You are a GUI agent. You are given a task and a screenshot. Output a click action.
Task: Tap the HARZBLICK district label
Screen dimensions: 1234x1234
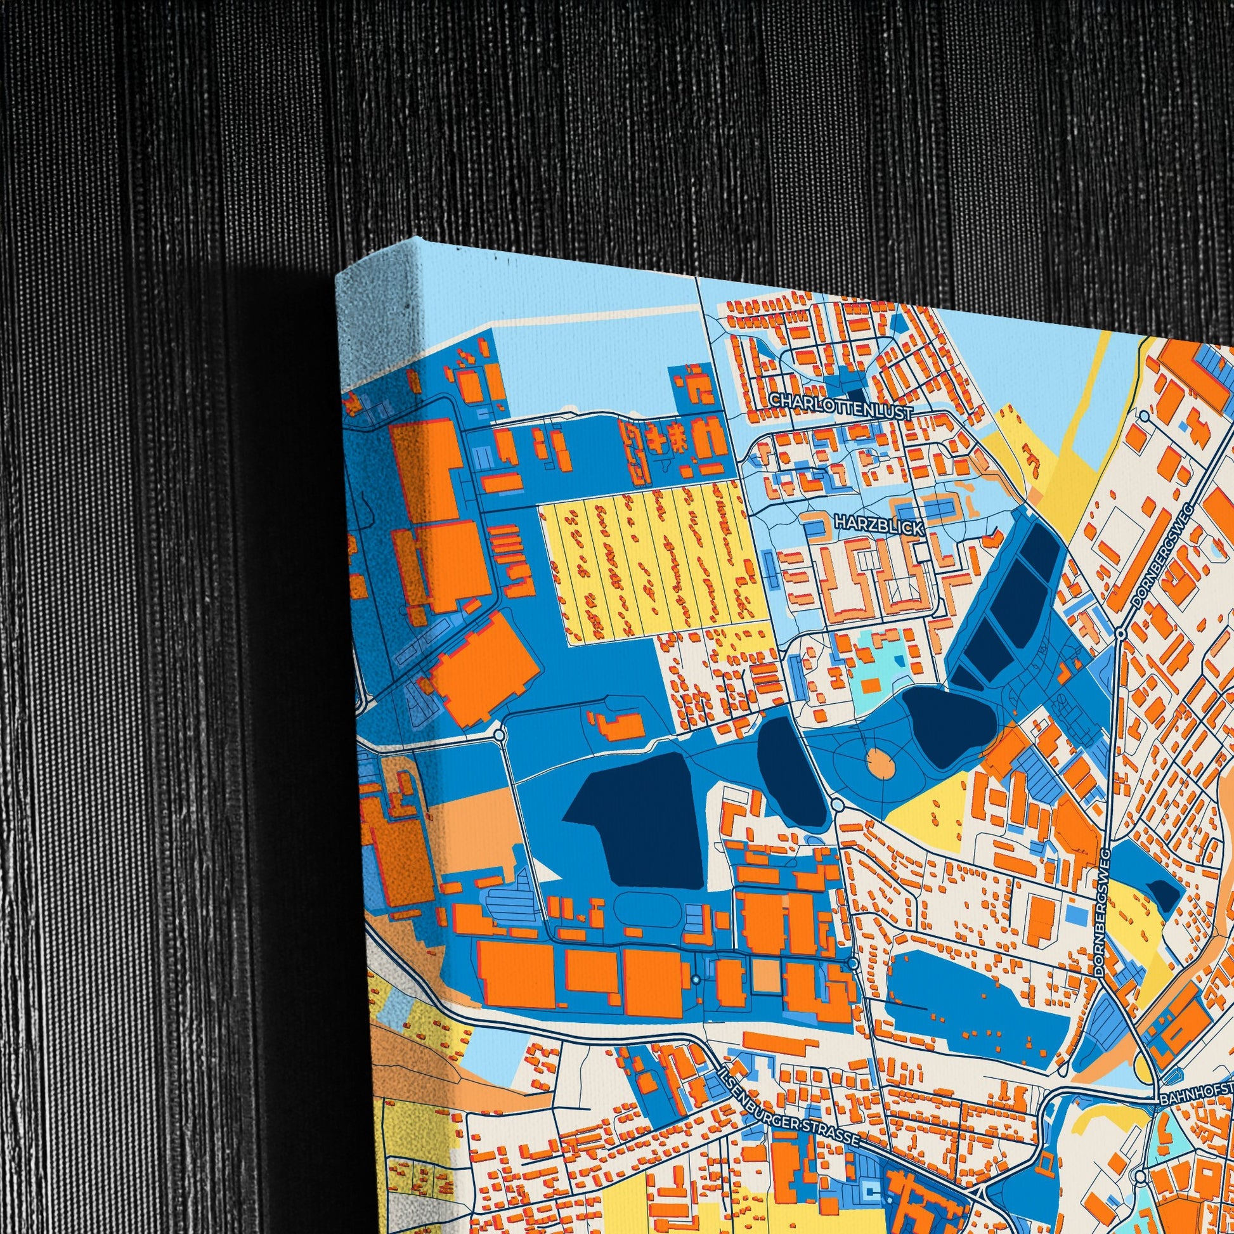(878, 526)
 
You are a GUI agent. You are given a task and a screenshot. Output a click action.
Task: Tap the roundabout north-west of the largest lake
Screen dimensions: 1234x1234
(499, 735)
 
